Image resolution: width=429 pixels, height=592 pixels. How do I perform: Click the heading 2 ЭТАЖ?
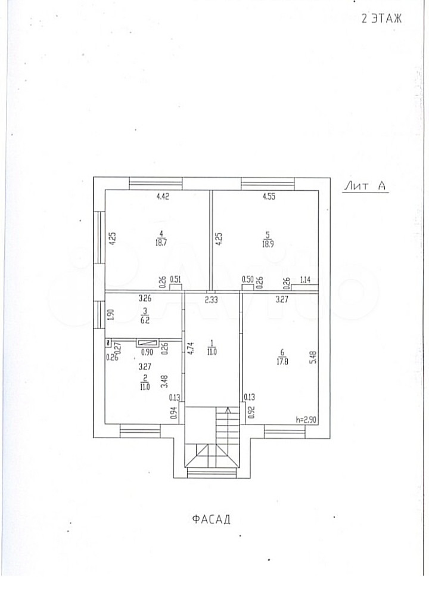click(382, 18)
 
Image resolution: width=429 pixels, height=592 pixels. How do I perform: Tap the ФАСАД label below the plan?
click(211, 519)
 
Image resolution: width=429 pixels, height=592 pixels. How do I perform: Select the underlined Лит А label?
click(365, 186)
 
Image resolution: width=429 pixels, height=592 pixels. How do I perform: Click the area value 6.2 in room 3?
click(144, 320)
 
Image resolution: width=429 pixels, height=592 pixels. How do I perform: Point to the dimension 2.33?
click(212, 300)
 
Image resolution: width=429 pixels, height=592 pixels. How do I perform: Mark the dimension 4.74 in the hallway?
click(190, 347)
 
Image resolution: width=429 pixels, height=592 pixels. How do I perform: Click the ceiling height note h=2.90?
click(306, 420)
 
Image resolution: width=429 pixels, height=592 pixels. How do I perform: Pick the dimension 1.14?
click(305, 279)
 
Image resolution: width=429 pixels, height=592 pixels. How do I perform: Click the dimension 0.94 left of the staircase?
click(173, 411)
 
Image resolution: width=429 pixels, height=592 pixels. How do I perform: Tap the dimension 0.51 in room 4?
click(176, 278)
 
